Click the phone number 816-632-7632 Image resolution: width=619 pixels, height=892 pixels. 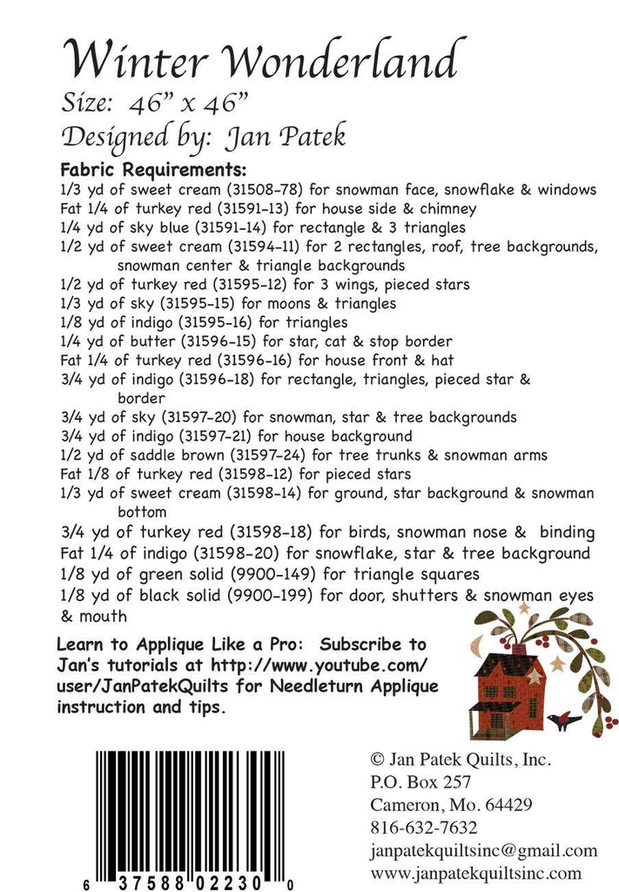[x=424, y=827]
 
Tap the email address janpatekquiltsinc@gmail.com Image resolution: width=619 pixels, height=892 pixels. [x=483, y=850]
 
